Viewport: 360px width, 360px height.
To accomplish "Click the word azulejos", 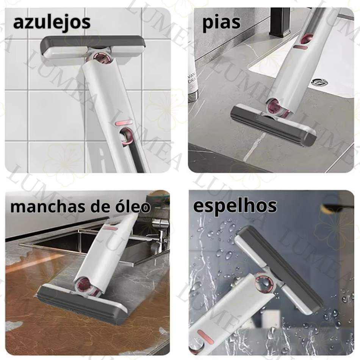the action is [x=52, y=23].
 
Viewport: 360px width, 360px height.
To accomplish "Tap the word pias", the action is [x=222, y=23].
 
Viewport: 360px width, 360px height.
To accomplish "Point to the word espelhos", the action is [x=235, y=206].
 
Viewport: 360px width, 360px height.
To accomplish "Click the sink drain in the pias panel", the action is [x=321, y=82].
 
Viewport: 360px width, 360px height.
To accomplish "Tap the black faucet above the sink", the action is [x=280, y=22].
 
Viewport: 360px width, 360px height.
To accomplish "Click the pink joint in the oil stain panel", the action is [x=86, y=285].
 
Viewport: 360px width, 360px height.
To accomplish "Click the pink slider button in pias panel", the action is [x=300, y=47].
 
